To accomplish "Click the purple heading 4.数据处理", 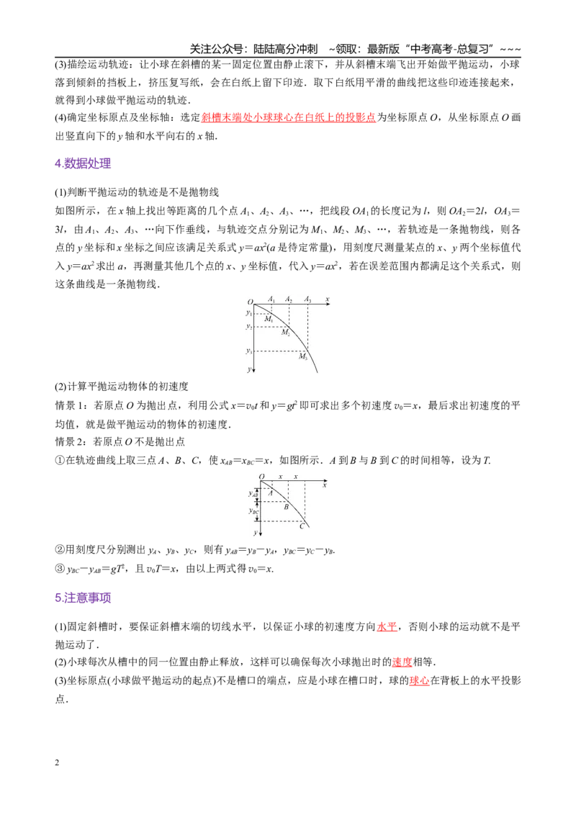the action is pos(83,163).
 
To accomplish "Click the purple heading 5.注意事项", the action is pos(83,598).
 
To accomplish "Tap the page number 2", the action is pos(57,762).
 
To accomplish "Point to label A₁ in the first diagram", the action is pos(271,299).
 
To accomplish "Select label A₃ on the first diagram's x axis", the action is pos(307,299).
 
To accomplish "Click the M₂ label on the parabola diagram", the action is pos(285,332).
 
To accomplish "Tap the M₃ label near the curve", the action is pos(302,356).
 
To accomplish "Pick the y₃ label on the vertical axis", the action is pos(249,351).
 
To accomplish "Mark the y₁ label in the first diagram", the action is pos(249,313).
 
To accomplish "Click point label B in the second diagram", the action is pos(286,506).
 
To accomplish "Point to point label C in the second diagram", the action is pos(302,526).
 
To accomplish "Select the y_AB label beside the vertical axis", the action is pos(253,494).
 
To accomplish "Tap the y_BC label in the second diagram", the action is pos(253,511).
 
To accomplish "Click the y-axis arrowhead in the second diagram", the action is pos(260,533).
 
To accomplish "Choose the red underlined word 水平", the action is pos(387,627).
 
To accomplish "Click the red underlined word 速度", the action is pos(402,662).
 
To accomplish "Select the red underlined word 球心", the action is pos(420,680).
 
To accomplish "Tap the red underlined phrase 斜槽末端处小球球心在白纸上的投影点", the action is pos(289,117).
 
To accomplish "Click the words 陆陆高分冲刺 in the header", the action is pos(285,49).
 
